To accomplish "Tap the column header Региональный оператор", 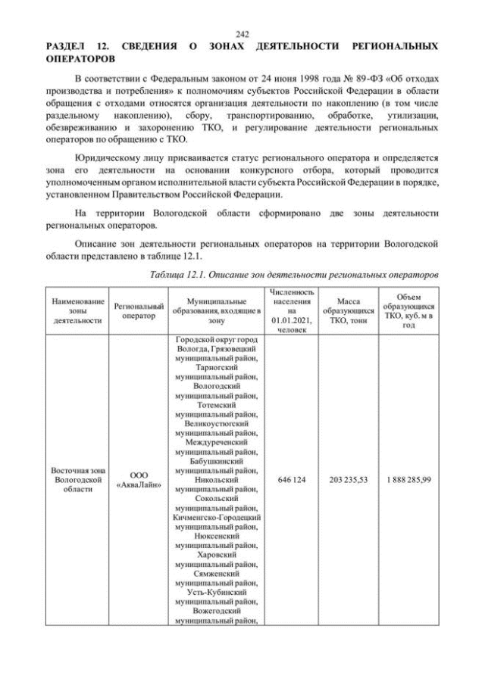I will [139, 311].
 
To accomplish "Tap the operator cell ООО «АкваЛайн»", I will [139, 480].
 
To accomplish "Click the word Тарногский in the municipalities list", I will [217, 367].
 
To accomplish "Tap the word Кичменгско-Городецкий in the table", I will [217, 517].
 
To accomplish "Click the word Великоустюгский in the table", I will [217, 423].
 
